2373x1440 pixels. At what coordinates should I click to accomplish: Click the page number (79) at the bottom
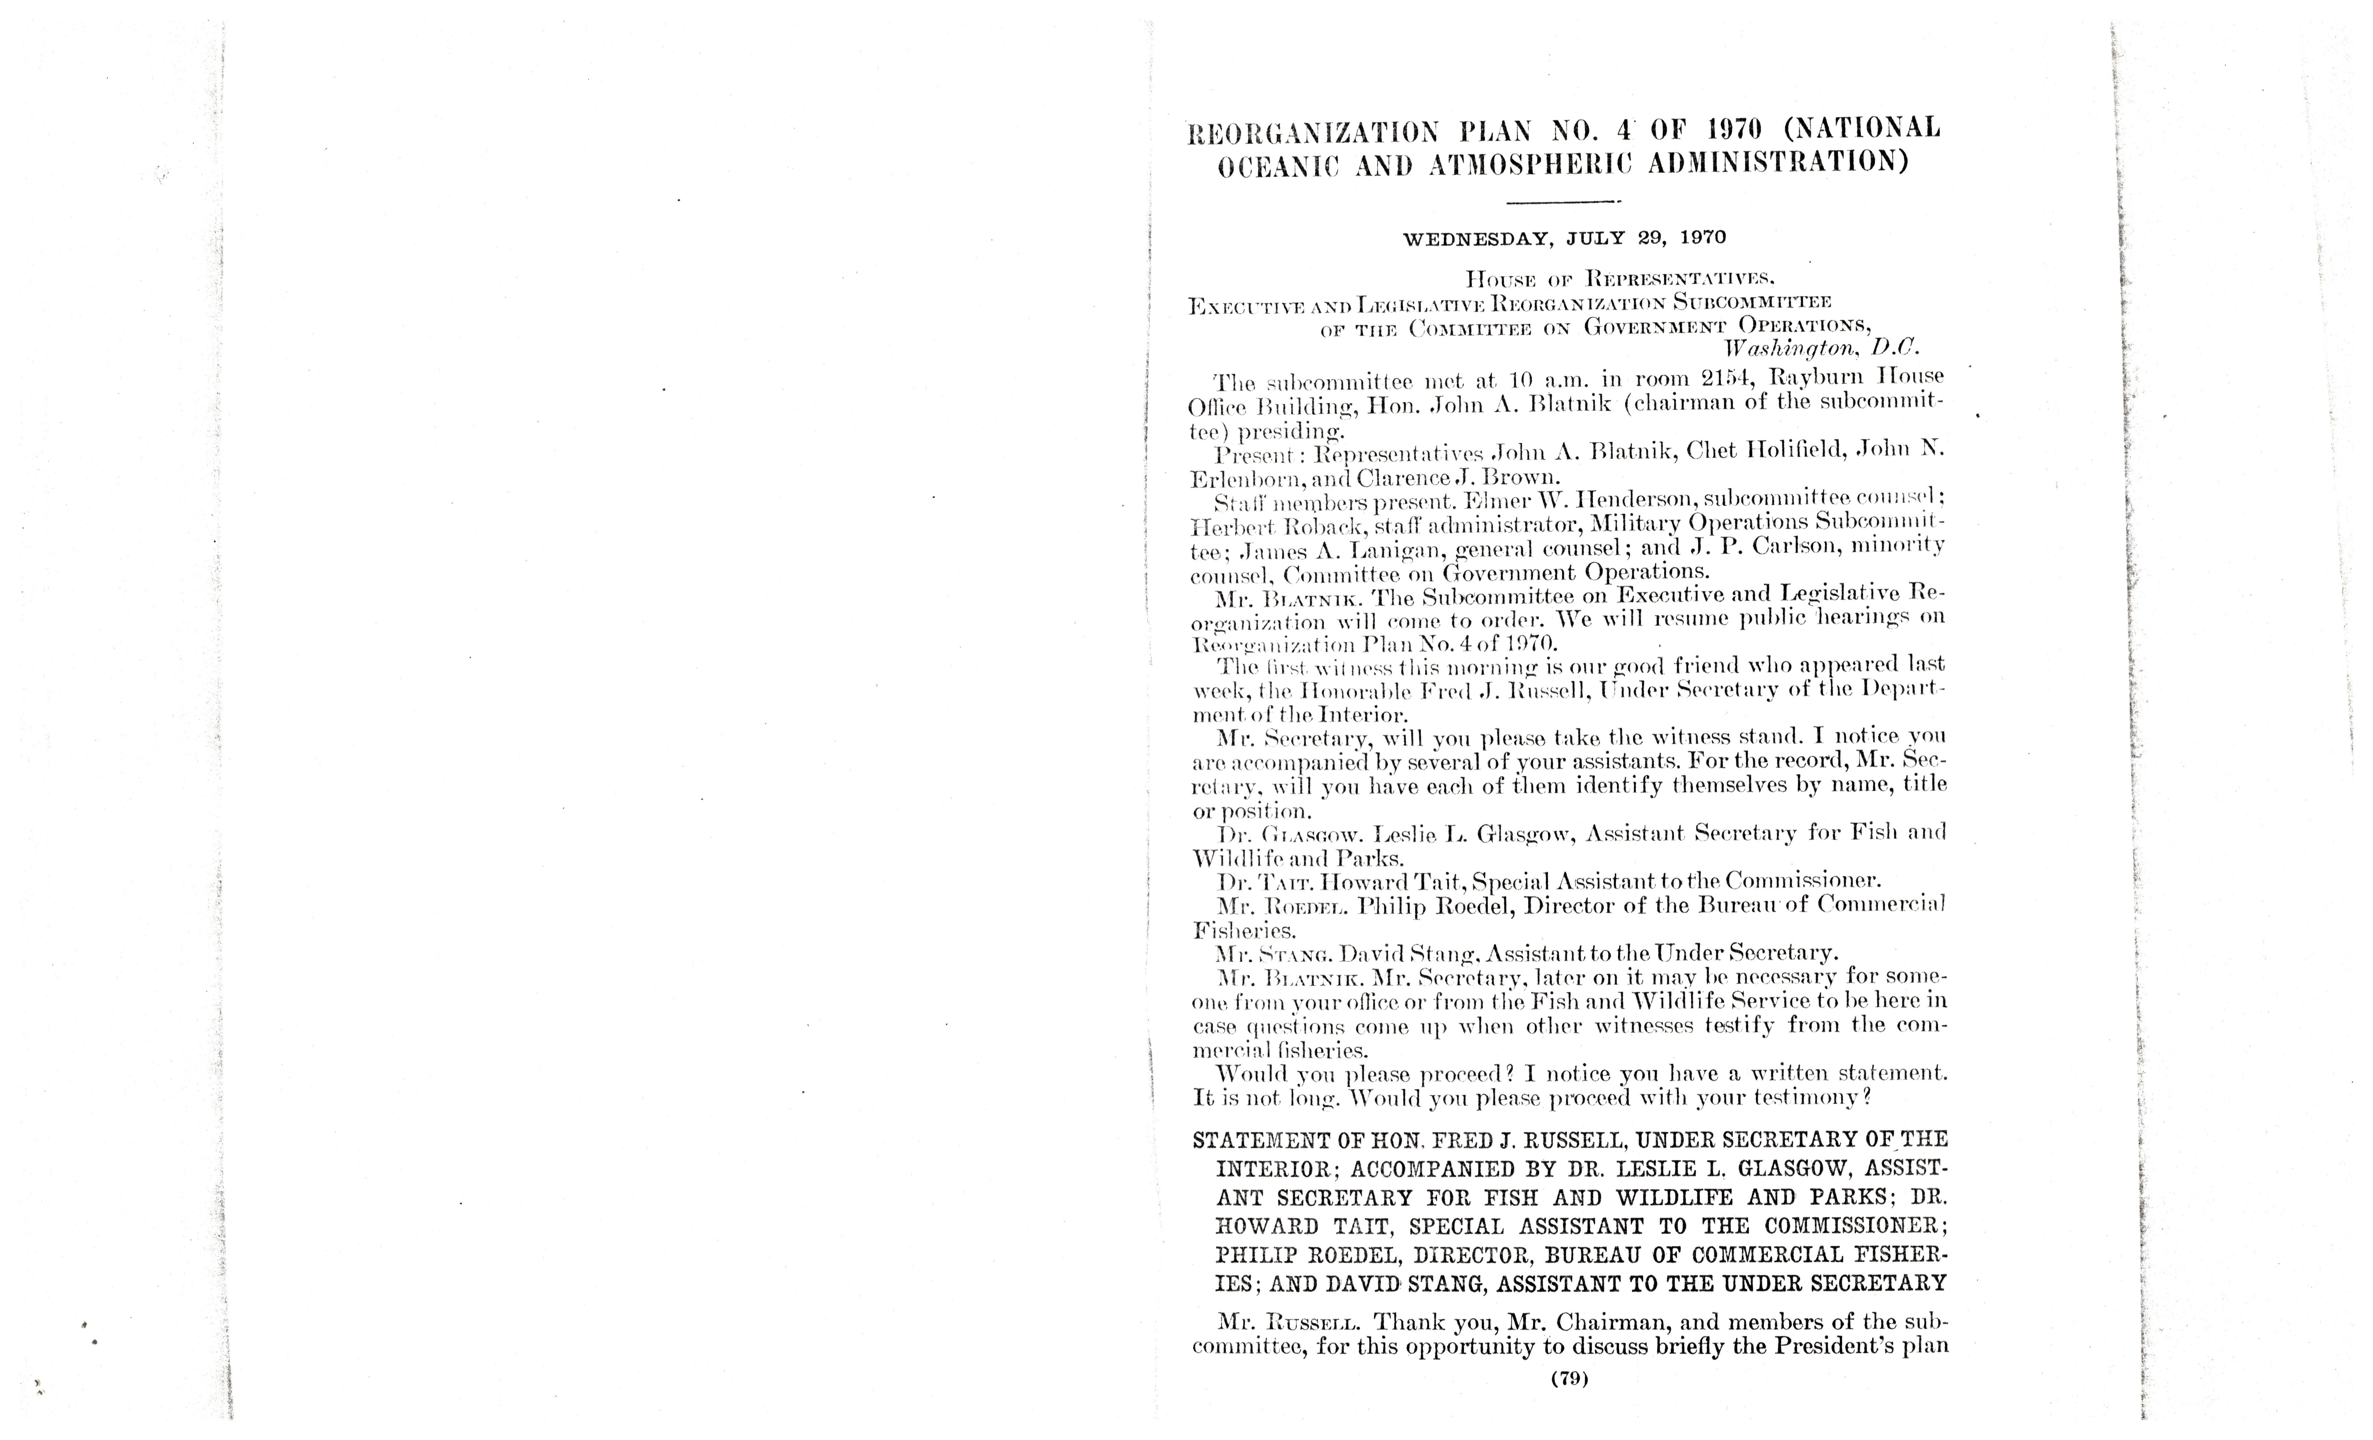coord(1569,1378)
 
